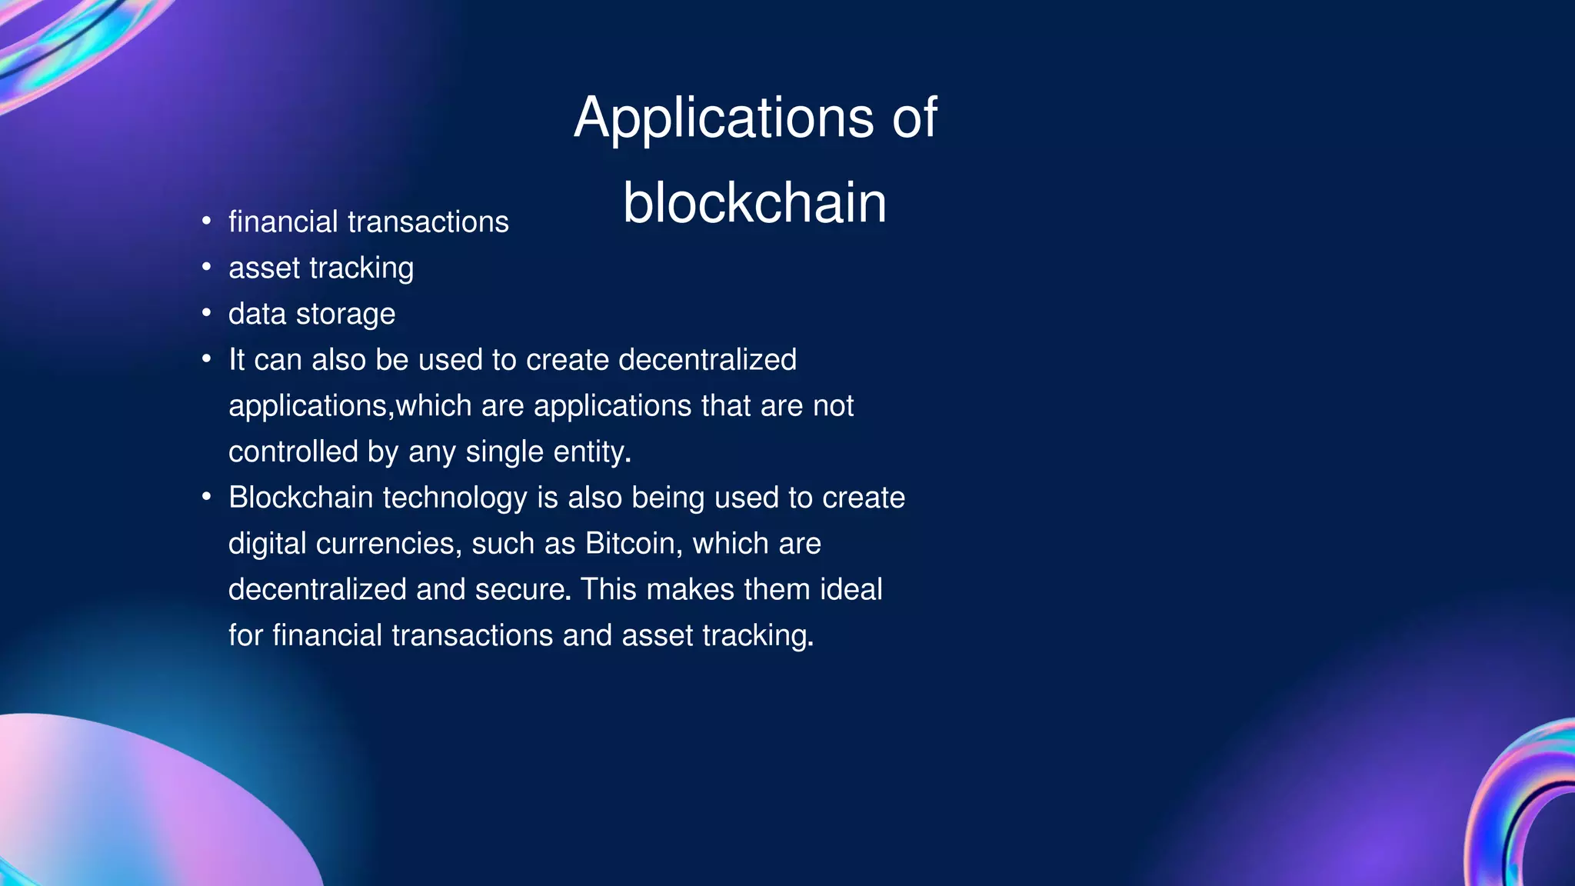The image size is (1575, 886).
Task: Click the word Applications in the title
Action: click(723, 118)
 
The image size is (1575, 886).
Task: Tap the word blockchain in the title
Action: click(754, 203)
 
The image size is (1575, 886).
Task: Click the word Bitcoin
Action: click(629, 544)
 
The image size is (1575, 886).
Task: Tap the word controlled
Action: click(293, 451)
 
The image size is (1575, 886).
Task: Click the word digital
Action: click(268, 544)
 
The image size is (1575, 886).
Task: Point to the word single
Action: click(504, 452)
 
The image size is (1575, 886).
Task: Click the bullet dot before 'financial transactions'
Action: click(206, 221)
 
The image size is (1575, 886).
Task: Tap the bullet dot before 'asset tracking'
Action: click(206, 268)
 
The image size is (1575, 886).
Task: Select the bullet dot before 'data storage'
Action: click(206, 314)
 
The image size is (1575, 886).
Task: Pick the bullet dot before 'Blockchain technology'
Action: click(206, 498)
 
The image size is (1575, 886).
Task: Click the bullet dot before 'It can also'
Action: click(206, 359)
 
